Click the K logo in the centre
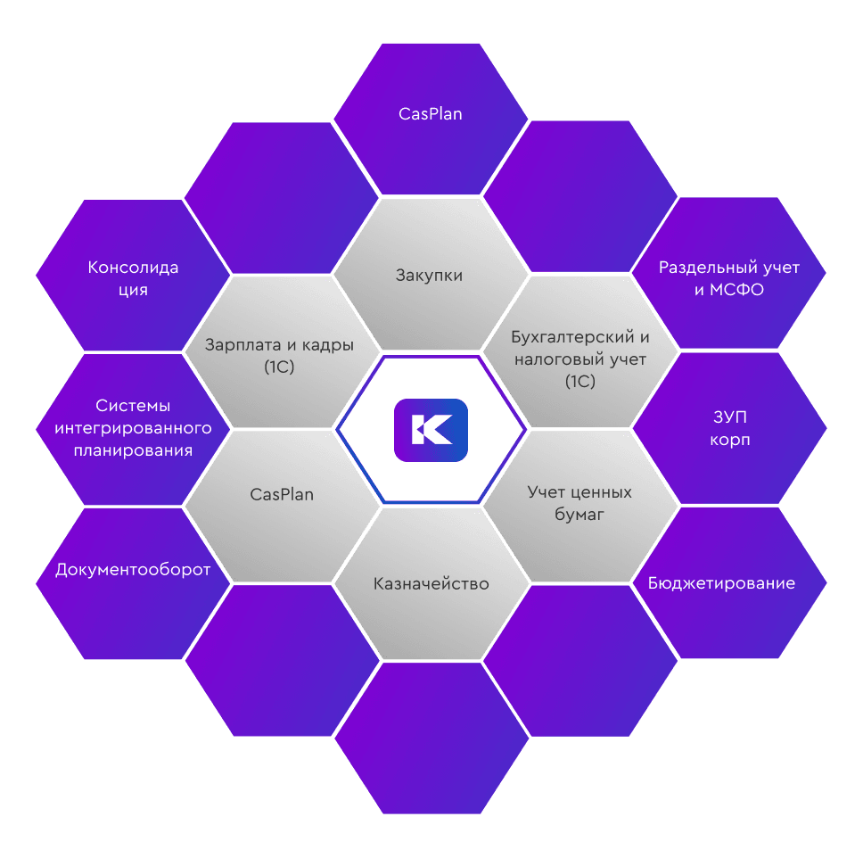pos(431,430)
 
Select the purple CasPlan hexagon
pos(431,114)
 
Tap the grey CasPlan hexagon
pos(282,494)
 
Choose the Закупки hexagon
pos(430,275)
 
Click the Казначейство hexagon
pos(431,584)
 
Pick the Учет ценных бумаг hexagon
pos(579,503)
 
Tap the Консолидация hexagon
pos(133,278)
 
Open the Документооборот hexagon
pos(133,569)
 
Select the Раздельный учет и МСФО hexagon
pos(728,278)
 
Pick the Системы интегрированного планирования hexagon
pos(133,428)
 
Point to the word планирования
pos(133,450)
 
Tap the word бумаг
pos(579,514)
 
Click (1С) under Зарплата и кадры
pos(280,366)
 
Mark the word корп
pos(728,441)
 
